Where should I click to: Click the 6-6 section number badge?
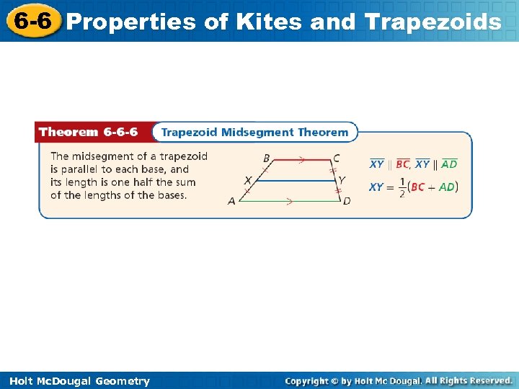coord(31,21)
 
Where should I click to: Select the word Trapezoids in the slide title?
coord(433,22)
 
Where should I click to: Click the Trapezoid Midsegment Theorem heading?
coord(254,132)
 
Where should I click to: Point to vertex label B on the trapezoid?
coord(266,158)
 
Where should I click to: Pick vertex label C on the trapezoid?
coord(337,158)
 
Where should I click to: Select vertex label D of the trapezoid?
coord(347,201)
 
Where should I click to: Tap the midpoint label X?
coord(248,180)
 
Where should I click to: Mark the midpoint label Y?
coord(342,180)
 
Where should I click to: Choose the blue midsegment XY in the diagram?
coord(296,181)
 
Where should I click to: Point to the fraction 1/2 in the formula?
coord(402,187)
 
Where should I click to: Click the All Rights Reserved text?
coord(469,380)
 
